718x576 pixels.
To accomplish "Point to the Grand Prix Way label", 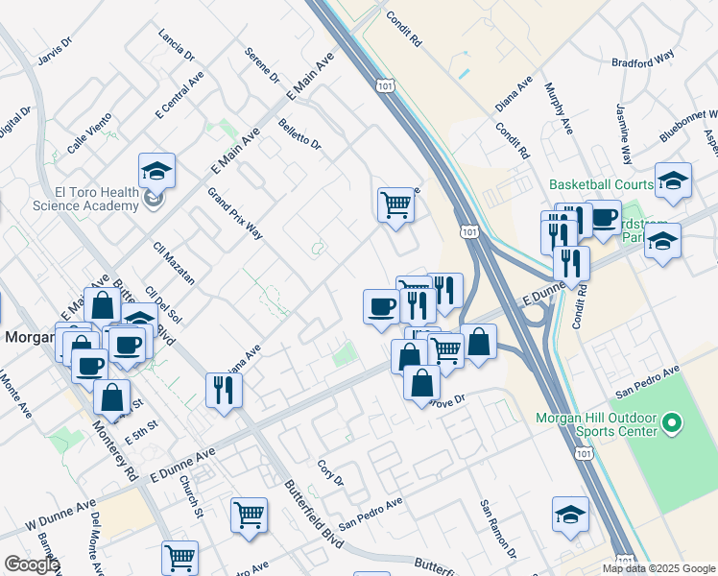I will (x=235, y=213).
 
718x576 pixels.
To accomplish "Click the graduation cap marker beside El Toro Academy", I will (x=156, y=173).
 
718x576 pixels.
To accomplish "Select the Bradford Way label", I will (x=643, y=62).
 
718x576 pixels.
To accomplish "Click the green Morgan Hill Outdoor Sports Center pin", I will (x=672, y=421).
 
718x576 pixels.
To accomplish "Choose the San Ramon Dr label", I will (x=499, y=529).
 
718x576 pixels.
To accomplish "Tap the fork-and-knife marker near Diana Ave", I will (x=224, y=390).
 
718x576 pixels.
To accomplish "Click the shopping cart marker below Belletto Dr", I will (x=395, y=204).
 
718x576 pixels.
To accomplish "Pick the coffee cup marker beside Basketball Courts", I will (x=604, y=218).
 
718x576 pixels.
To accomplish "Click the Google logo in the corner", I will (x=32, y=564).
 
